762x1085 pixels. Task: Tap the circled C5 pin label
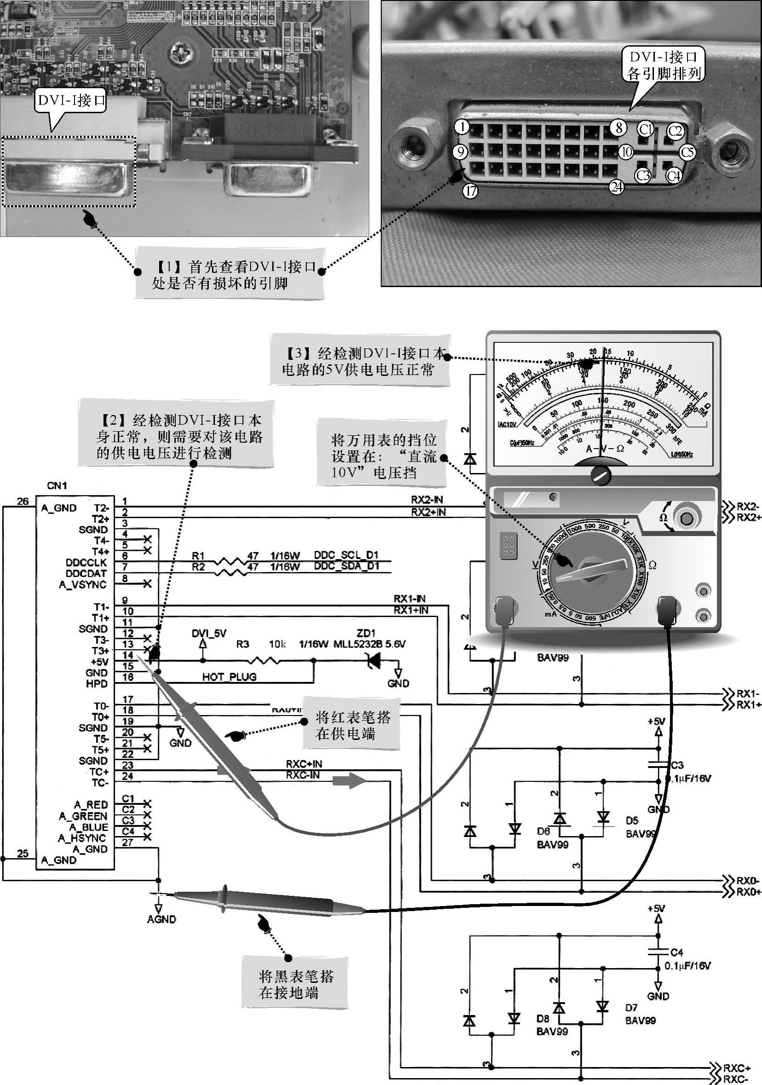click(x=688, y=152)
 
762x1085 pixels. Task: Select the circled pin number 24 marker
click(x=617, y=187)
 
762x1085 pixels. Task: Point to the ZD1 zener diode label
click(x=366, y=633)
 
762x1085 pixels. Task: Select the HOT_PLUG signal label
click(x=229, y=677)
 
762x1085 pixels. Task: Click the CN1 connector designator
click(x=57, y=485)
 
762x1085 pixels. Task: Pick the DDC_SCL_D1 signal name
click(x=346, y=555)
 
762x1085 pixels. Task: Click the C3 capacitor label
click(x=677, y=765)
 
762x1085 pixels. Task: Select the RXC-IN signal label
click(x=302, y=775)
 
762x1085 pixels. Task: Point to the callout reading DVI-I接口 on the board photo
click(x=71, y=100)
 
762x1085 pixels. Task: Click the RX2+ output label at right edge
click(x=749, y=518)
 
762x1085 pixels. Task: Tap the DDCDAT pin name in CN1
click(x=86, y=573)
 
